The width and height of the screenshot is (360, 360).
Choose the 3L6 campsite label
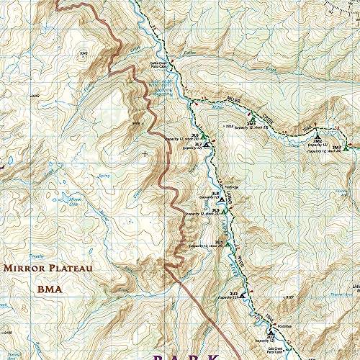(x=194, y=135)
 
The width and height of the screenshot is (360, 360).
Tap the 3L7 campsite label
(x=198, y=145)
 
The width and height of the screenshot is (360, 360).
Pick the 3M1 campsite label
(x=251, y=124)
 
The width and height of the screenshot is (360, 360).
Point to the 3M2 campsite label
(x=317, y=140)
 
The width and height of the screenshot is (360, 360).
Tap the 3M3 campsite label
(x=336, y=147)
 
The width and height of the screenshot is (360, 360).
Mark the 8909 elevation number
(x=135, y=124)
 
